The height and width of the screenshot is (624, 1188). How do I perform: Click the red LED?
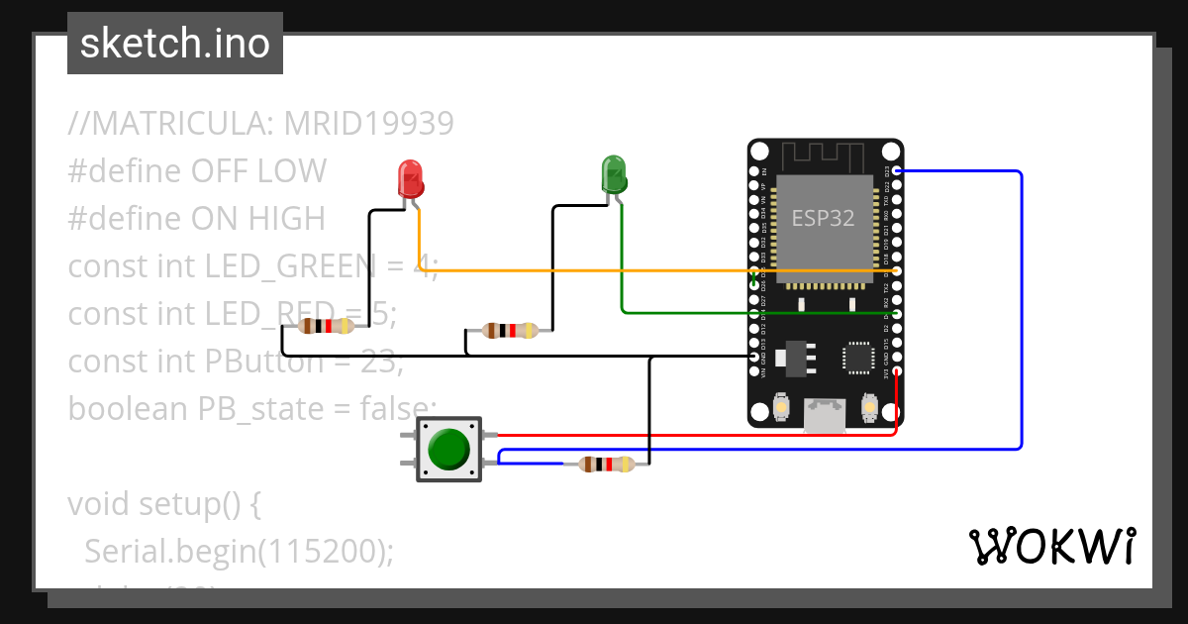(411, 178)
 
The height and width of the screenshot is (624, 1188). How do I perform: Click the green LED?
(614, 174)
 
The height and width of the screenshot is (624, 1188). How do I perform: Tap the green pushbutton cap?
(448, 450)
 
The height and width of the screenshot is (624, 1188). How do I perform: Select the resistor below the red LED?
(328, 326)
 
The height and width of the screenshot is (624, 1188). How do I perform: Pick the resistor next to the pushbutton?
(607, 464)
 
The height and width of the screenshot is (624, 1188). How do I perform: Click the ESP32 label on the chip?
(823, 218)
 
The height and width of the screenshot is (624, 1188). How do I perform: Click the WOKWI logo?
(1050, 546)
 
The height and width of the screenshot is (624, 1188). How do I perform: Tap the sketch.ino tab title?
(175, 44)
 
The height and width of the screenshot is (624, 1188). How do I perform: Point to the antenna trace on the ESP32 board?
(825, 156)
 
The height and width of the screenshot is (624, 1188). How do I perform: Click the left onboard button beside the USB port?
(781, 407)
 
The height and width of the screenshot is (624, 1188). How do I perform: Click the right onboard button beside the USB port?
(869, 407)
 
